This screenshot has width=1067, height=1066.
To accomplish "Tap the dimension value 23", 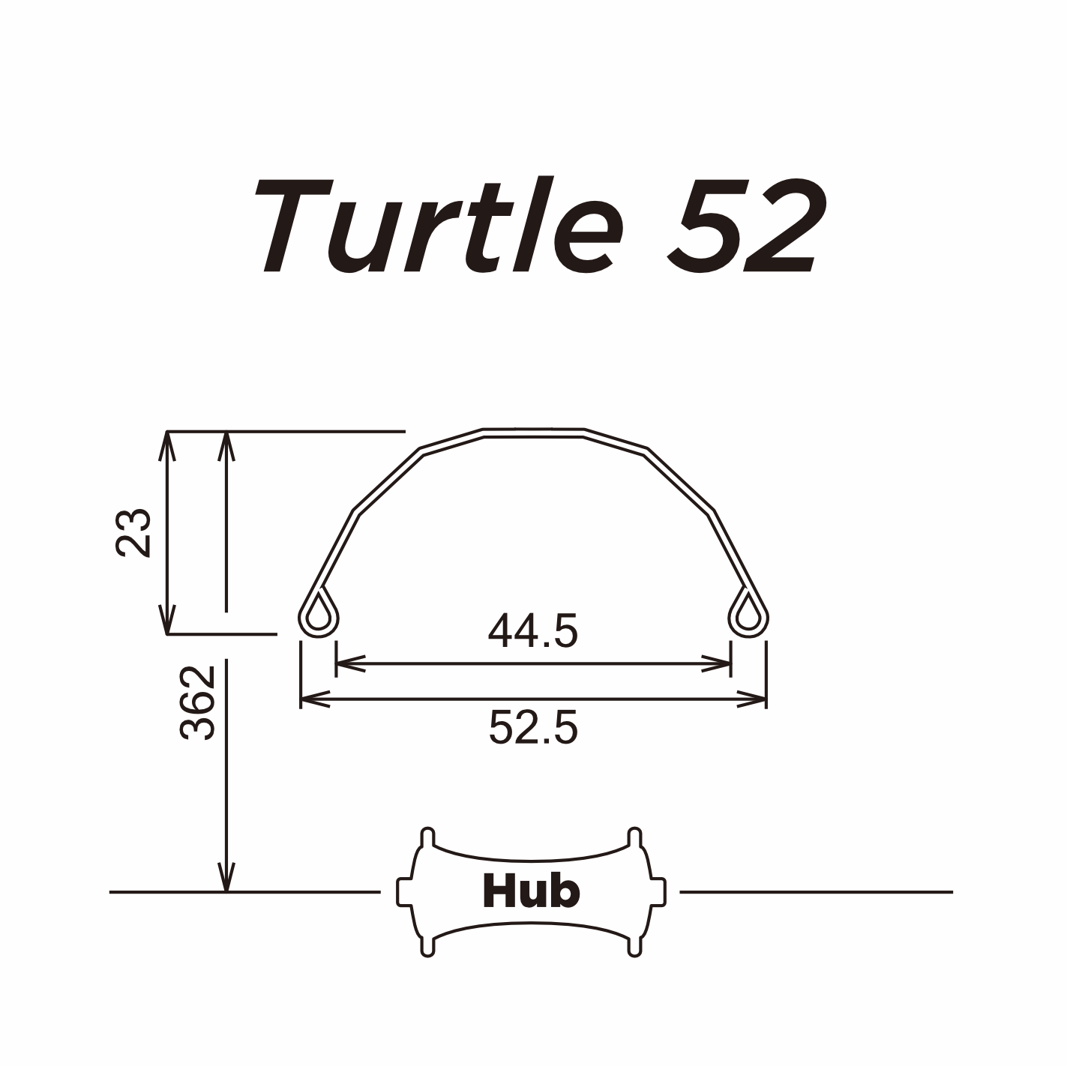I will point(134,533).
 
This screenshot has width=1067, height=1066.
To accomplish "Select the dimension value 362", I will point(199,703).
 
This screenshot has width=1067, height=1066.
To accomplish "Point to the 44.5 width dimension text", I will point(533,632).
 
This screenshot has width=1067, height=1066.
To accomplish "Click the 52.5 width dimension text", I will point(533,728).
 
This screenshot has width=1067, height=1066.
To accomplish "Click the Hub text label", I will point(532,892).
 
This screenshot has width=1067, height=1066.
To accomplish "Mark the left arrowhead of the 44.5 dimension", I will point(349,663).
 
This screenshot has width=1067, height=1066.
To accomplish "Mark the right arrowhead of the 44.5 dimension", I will point(718,663).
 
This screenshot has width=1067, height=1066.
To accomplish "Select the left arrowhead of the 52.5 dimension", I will point(313,699).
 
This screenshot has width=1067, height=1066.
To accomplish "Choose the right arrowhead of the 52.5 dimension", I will point(753,699).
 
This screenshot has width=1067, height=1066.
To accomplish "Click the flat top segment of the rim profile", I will point(533,432).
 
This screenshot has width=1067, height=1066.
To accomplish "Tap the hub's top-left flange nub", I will point(428,837).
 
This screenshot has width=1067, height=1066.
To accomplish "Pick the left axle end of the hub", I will point(400,892).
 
